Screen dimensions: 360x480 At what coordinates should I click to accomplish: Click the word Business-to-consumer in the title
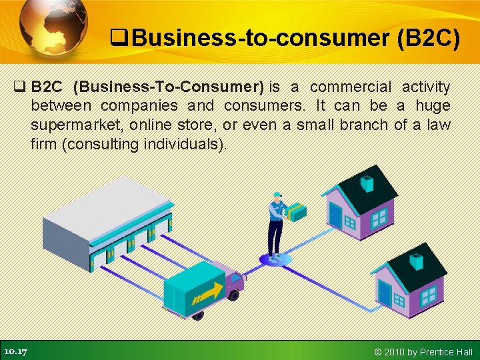click(x=257, y=39)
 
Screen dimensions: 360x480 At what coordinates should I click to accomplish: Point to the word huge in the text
click(x=432, y=106)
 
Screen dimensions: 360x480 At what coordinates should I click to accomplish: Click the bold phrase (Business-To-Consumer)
click(x=169, y=87)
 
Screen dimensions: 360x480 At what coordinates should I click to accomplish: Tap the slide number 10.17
click(x=15, y=351)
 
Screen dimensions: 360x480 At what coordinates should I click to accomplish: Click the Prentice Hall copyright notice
click(x=423, y=352)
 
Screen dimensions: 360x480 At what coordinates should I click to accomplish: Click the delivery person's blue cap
click(x=277, y=195)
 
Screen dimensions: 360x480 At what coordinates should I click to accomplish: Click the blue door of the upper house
click(x=335, y=214)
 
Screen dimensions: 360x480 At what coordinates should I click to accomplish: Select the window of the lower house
click(x=427, y=294)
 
